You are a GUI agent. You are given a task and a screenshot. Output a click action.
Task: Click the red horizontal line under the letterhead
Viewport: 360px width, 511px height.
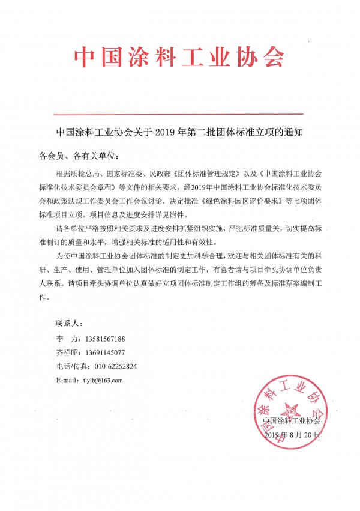(179, 113)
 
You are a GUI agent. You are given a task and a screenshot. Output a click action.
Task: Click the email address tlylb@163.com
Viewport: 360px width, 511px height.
(103, 381)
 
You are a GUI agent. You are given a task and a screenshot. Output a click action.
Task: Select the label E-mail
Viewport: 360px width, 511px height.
(67, 381)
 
